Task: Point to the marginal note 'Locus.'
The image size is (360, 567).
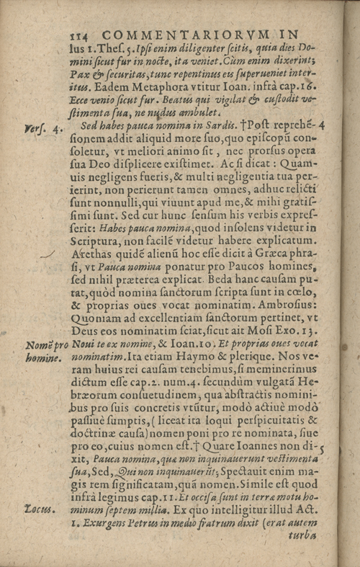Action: pos(40,510)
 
